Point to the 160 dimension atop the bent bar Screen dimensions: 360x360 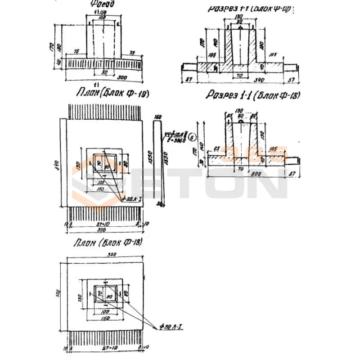pyautogui.click(x=157, y=117)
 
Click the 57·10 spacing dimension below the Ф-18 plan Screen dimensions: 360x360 pyautogui.click(x=106, y=348)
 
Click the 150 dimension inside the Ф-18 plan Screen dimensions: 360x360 pyautogui.click(x=105, y=318)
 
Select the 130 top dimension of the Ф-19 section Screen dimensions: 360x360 pyautogui.click(x=239, y=17)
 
